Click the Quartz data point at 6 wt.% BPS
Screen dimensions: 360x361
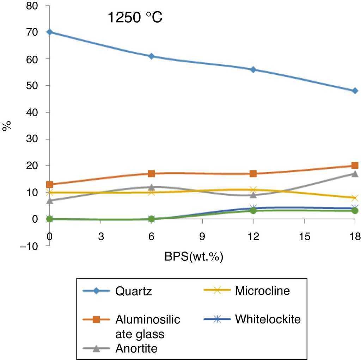tap(151, 56)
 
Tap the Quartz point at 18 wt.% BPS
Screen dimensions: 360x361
tap(355, 91)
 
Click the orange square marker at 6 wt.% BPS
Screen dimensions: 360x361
tap(151, 173)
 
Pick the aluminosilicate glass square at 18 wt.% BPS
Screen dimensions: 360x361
tap(355, 166)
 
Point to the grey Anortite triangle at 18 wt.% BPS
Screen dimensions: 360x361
tap(355, 174)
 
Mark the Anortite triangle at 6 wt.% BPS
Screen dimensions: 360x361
tap(151, 187)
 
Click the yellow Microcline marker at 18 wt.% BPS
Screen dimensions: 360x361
tap(355, 198)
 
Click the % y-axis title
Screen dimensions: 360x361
tap(6, 126)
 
